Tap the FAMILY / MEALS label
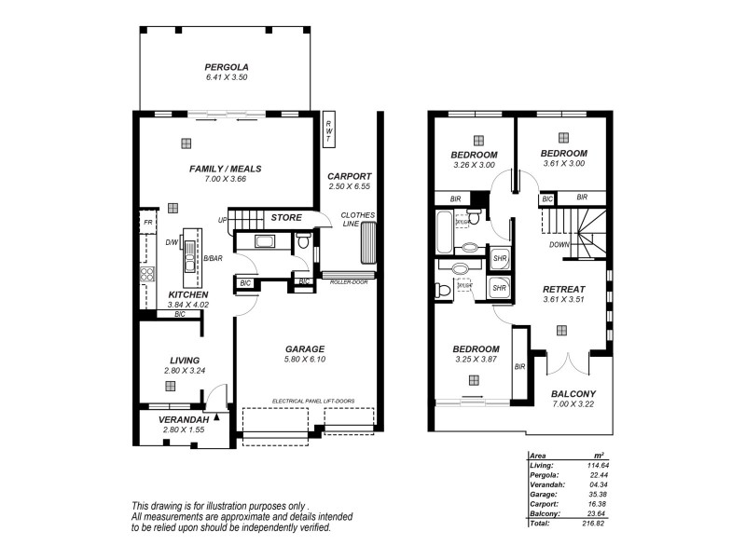coord(225,169)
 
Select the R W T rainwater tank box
coord(328,131)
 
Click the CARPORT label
coord(350,176)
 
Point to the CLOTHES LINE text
coord(358,220)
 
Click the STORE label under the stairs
coord(285,218)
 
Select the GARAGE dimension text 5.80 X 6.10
coord(305,360)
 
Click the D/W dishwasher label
coord(172,243)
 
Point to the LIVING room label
coord(184,360)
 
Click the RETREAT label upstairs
coord(563,289)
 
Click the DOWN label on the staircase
coord(559,244)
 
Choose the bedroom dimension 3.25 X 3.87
coord(477,360)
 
